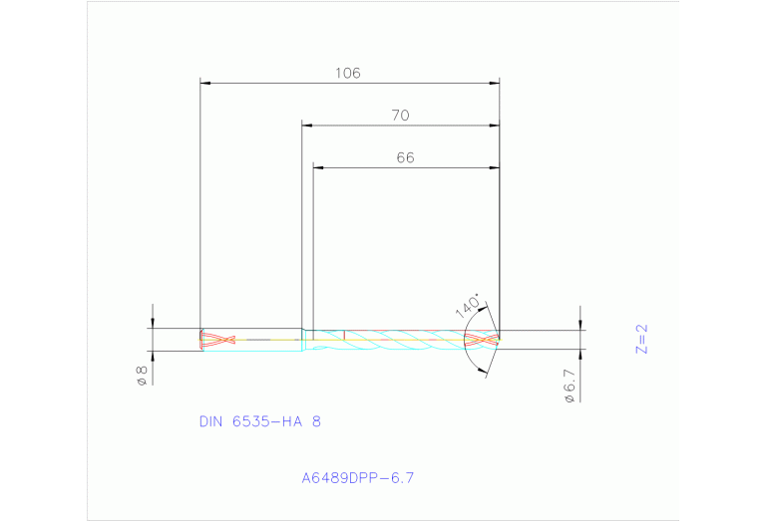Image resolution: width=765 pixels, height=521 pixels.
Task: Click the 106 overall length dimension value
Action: click(x=347, y=73)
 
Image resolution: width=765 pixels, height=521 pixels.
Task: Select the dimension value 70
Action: click(x=400, y=116)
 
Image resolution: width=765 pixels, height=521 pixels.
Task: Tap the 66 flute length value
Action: click(x=405, y=157)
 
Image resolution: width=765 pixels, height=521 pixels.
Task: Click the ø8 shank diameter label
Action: click(x=142, y=376)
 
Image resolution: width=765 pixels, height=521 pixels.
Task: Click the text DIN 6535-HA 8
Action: click(x=260, y=421)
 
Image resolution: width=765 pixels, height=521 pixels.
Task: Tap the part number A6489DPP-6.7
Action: click(x=357, y=477)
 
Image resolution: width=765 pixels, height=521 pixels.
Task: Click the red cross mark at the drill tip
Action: click(x=481, y=340)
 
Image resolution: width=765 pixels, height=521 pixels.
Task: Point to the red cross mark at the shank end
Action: click(x=217, y=340)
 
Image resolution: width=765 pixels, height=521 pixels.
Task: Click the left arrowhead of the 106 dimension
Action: click(x=204, y=83)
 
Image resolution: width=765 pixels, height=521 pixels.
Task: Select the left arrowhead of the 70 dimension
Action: click(x=307, y=126)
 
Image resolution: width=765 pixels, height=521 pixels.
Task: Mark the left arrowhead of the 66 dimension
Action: click(x=318, y=167)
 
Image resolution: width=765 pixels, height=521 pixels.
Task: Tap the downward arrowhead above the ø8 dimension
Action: click(x=153, y=323)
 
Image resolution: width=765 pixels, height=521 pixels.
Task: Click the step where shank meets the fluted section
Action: click(x=303, y=339)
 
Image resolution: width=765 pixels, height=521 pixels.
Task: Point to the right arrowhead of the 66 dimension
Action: click(x=495, y=167)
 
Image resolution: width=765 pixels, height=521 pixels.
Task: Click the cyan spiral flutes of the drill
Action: click(x=399, y=340)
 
